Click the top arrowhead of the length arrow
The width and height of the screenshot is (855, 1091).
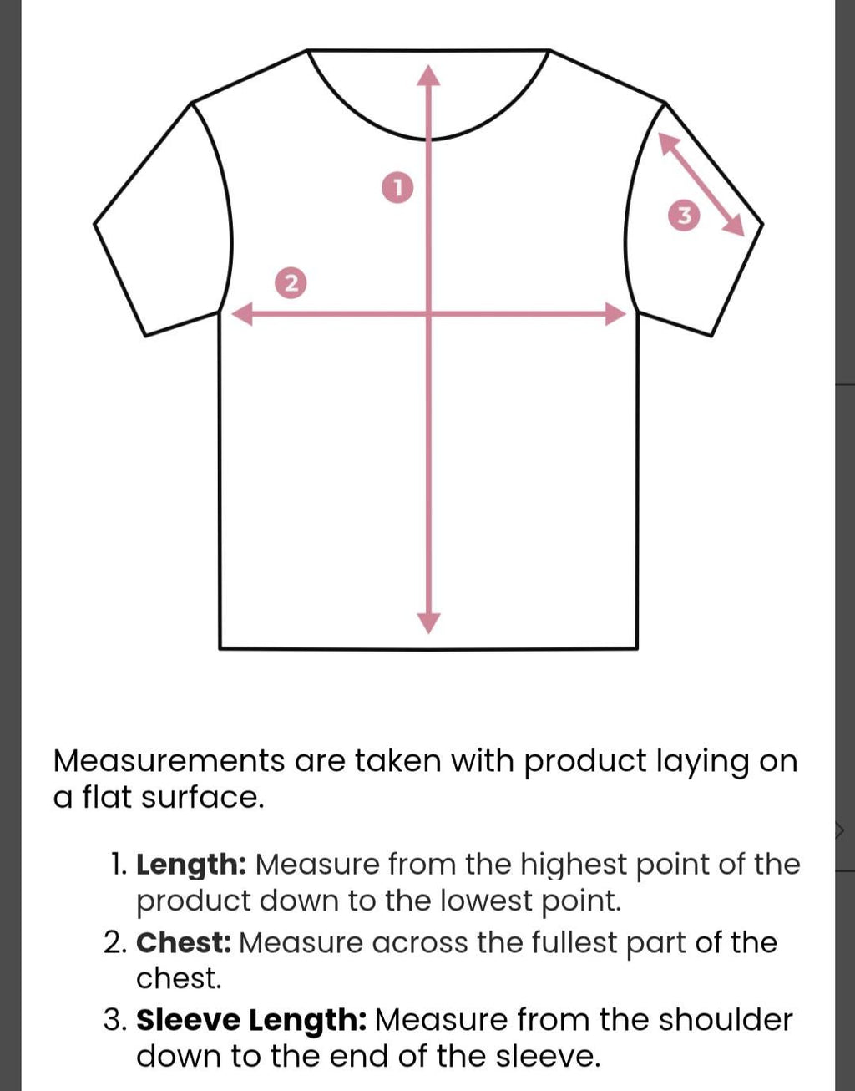click(428, 74)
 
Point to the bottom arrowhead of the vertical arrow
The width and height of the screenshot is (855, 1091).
click(428, 623)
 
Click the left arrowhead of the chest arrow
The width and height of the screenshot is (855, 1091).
click(242, 314)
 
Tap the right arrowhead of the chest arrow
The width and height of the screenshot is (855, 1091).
click(615, 314)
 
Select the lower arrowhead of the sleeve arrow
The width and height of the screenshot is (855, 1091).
click(734, 225)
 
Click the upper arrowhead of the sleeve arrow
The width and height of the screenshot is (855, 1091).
click(668, 143)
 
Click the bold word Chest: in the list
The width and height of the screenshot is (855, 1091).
click(184, 943)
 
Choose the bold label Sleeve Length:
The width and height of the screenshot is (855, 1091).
click(251, 1020)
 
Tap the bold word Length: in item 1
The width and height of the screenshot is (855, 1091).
click(191, 865)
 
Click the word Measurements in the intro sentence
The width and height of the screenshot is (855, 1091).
click(169, 761)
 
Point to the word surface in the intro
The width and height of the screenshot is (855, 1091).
click(202, 799)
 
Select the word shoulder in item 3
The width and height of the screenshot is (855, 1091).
click(726, 1020)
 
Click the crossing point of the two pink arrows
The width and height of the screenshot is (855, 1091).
click(428, 314)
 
